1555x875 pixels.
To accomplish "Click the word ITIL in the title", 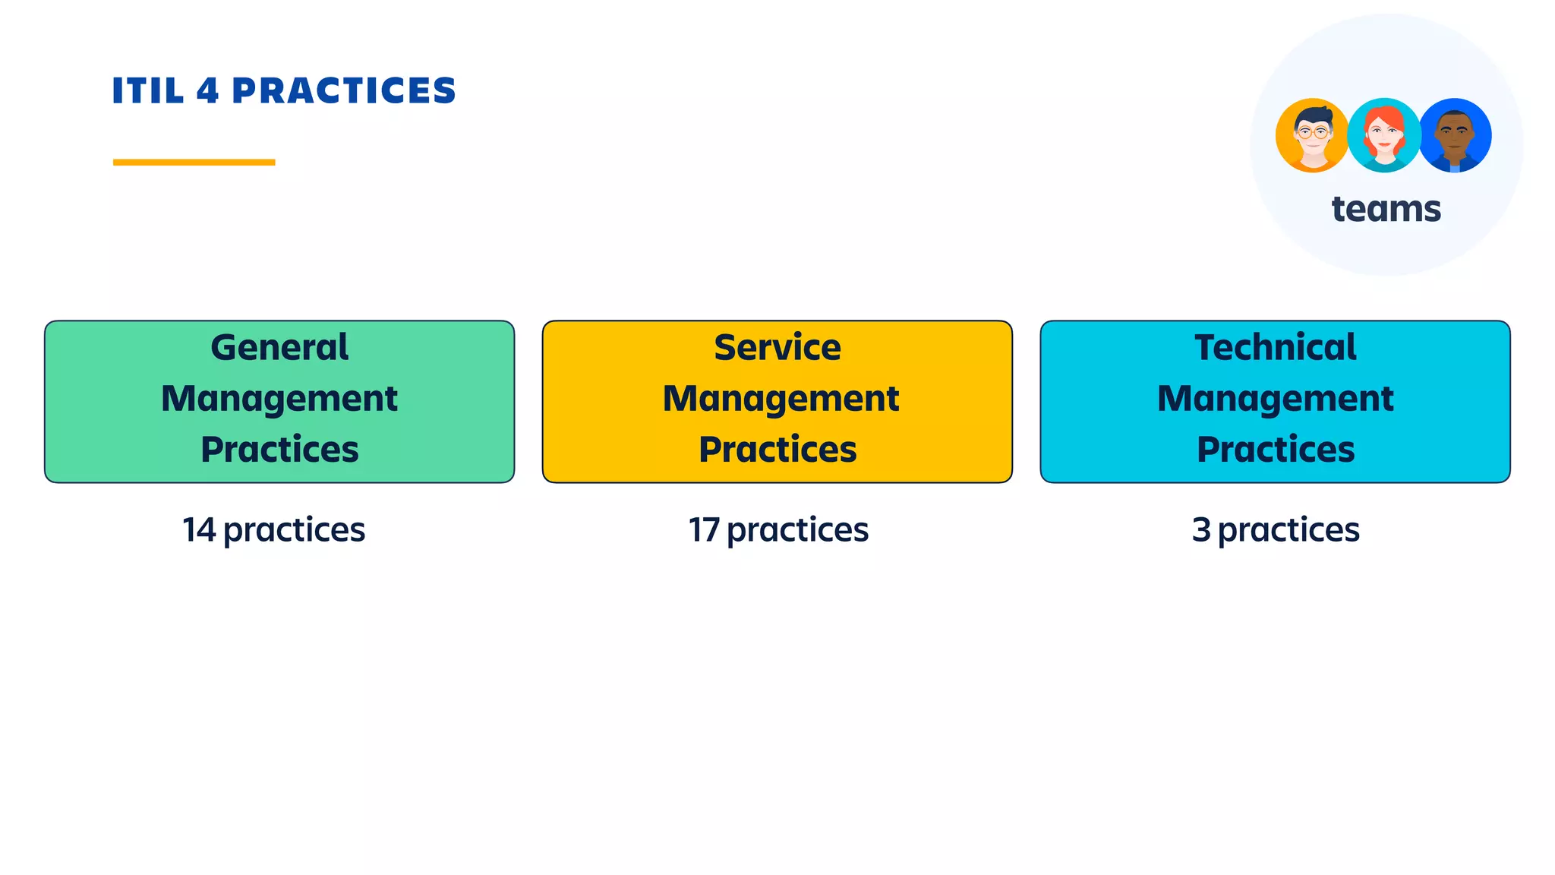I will pyautogui.click(x=148, y=91).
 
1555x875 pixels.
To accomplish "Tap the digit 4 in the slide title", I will pyautogui.click(x=208, y=91).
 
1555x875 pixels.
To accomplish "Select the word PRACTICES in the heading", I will pyautogui.click(x=343, y=91).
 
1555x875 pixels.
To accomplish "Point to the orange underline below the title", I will pyautogui.click(x=194, y=162).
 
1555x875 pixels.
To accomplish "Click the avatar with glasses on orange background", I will pyautogui.click(x=1312, y=135).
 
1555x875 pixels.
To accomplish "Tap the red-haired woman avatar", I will pyautogui.click(x=1383, y=135).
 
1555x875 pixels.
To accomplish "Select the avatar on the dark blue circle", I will pyautogui.click(x=1455, y=135).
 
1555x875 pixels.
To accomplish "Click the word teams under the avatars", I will pyautogui.click(x=1386, y=209).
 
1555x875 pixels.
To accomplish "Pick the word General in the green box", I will pyautogui.click(x=279, y=348).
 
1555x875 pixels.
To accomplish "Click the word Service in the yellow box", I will pyautogui.click(x=777, y=348).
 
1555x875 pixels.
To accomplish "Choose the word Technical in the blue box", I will pyautogui.click(x=1276, y=348).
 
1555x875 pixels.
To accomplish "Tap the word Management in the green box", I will pyautogui.click(x=279, y=399).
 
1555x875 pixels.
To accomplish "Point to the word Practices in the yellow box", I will pyautogui.click(x=777, y=450).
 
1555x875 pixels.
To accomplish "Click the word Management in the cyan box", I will pyautogui.click(x=1276, y=399).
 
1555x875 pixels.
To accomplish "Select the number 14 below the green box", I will pyautogui.click(x=199, y=530).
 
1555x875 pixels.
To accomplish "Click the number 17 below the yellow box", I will pyautogui.click(x=703, y=530).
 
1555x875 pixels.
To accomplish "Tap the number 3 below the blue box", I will pyautogui.click(x=1201, y=530).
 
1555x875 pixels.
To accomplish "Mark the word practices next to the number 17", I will pyautogui.click(x=797, y=530).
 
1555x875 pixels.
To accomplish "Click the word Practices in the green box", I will pyautogui.click(x=279, y=450).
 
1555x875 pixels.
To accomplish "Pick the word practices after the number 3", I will pyautogui.click(x=1288, y=530).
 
